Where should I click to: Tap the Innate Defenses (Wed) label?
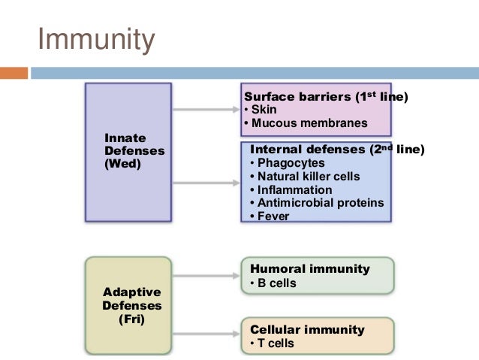(134, 150)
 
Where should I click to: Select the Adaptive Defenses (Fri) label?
(131, 304)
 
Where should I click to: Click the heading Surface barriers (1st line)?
(321, 97)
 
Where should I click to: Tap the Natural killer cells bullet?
(304, 176)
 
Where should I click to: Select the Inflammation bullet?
(290, 189)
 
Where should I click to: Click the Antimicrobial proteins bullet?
(315, 203)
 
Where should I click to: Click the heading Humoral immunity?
(309, 268)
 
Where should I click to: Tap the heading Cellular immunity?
(307, 329)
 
